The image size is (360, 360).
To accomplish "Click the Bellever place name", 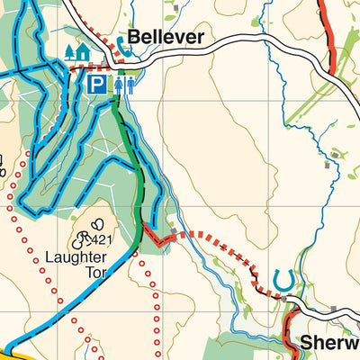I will coord(166,38).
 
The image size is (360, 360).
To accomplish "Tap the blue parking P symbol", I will coord(96,85).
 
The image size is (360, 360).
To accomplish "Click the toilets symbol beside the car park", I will coord(125,85).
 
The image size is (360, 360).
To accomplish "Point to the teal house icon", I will coord(83,52).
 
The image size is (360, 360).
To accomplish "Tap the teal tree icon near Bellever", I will coord(69,52).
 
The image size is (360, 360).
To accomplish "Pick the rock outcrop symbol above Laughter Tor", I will coord(94,225).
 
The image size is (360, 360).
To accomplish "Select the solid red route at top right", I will coord(330,36).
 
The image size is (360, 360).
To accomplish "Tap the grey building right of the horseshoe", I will coord(335,310).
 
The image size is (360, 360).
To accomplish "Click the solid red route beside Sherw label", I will coord(291,328).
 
